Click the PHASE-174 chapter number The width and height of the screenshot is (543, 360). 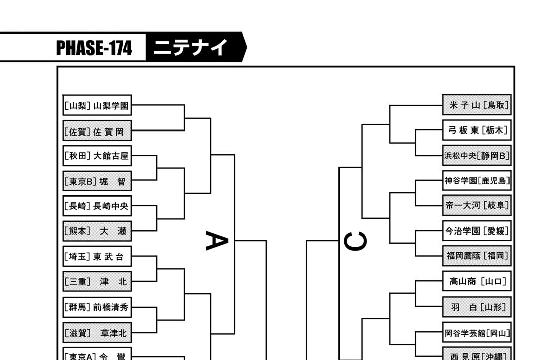[x=94, y=48]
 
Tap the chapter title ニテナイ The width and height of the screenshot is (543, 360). [x=191, y=48]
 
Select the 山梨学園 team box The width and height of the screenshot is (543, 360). [x=97, y=106]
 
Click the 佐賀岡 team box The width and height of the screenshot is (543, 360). [x=97, y=132]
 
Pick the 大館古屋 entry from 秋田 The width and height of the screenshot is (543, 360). [x=97, y=156]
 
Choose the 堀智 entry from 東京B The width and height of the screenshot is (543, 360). [x=97, y=181]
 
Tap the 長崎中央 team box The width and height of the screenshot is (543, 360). [x=97, y=206]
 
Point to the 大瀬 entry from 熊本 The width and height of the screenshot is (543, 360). [x=97, y=232]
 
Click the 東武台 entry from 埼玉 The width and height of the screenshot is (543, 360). [x=97, y=257]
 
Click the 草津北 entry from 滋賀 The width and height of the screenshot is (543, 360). [x=97, y=333]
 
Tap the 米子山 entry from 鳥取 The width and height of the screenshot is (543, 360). [x=476, y=106]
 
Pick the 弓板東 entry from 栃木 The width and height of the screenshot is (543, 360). [x=476, y=130]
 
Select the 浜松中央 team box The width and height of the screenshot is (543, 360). [x=476, y=155]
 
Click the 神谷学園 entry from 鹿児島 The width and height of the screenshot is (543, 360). [x=476, y=180]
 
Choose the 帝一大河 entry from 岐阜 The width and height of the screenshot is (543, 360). [x=476, y=205]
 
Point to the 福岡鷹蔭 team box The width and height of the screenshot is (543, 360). [x=476, y=255]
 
